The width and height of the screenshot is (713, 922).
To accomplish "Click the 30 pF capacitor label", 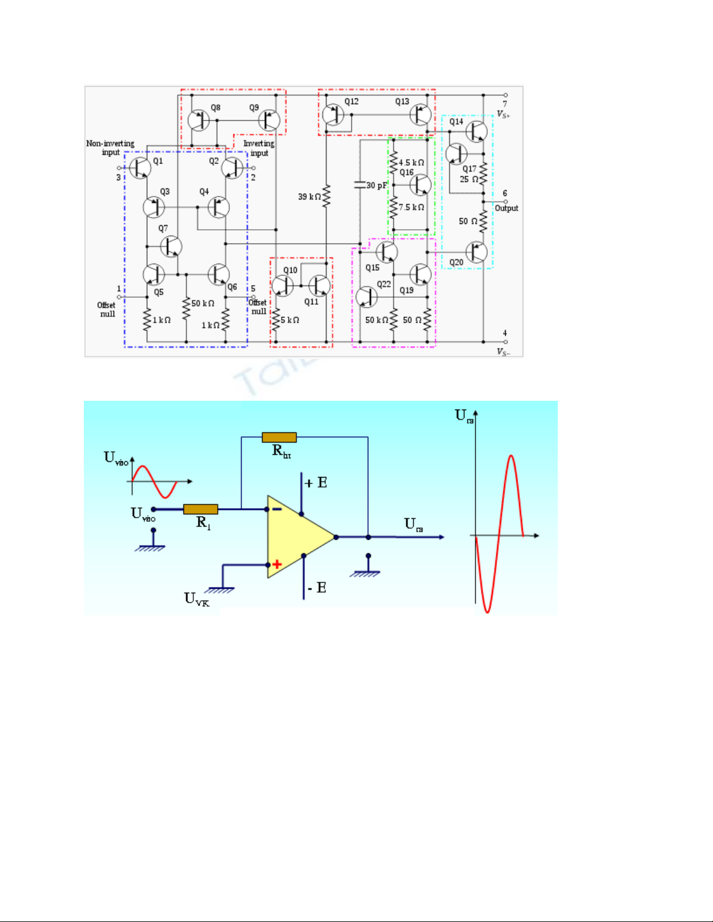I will [377, 186].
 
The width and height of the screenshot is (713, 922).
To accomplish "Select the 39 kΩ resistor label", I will [309, 197].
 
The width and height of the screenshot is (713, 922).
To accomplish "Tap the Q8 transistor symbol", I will [198, 121].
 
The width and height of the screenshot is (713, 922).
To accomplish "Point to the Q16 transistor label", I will [406, 172].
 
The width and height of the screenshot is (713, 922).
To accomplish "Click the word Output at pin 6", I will [506, 208].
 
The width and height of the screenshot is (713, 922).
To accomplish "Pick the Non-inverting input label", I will [110, 148].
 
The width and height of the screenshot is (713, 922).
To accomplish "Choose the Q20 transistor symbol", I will [476, 252].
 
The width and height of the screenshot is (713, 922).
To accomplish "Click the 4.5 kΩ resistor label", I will [412, 162].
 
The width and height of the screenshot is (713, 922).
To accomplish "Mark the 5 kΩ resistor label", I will [290, 320].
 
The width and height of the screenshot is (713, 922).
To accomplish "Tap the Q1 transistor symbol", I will [140, 168].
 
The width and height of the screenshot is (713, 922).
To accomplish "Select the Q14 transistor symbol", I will [476, 131].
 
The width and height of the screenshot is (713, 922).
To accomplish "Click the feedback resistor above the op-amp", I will [279, 437].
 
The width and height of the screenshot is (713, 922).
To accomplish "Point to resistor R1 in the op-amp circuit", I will [201, 510].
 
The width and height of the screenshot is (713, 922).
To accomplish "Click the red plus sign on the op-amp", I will [277, 564].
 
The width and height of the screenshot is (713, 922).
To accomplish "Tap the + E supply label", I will [316, 483].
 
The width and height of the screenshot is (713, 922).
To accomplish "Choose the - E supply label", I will [317, 588].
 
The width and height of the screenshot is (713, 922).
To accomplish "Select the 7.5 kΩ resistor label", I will [412, 207].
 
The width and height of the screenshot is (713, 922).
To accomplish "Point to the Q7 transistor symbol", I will [170, 247].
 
